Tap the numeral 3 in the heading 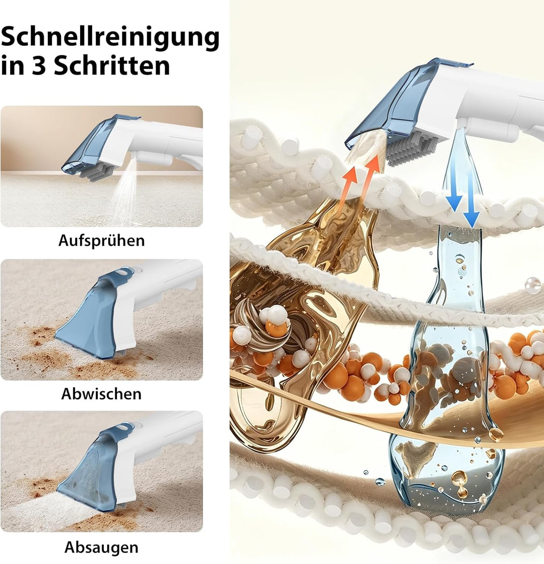[x=39, y=66]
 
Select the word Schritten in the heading [x=112, y=65]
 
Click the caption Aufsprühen [x=101, y=241]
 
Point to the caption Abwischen [x=101, y=394]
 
